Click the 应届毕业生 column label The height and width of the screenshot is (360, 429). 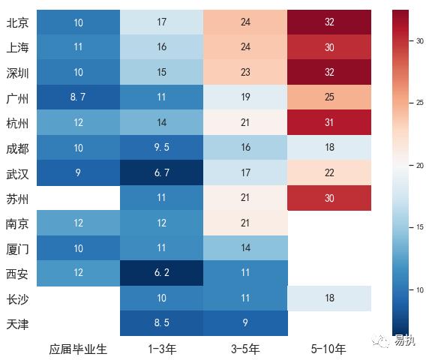pyautogui.click(x=78, y=349)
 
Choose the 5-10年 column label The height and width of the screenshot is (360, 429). pyautogui.click(x=329, y=349)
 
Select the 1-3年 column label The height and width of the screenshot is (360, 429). pyautogui.click(x=162, y=349)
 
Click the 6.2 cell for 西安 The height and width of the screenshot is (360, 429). pyautogui.click(x=162, y=272)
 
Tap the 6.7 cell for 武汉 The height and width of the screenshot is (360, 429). pyautogui.click(x=162, y=172)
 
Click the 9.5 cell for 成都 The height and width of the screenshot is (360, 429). pyautogui.click(x=162, y=148)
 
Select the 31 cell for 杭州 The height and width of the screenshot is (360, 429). pyautogui.click(x=329, y=122)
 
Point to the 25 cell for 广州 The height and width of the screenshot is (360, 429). pyautogui.click(x=329, y=97)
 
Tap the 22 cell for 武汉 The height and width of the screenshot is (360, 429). pyautogui.click(x=329, y=172)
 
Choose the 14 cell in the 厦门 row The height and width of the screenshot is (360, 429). pyautogui.click(x=245, y=247)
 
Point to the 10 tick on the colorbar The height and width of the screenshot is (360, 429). pyautogui.click(x=418, y=289)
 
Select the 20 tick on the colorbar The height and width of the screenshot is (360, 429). pyautogui.click(x=418, y=165)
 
